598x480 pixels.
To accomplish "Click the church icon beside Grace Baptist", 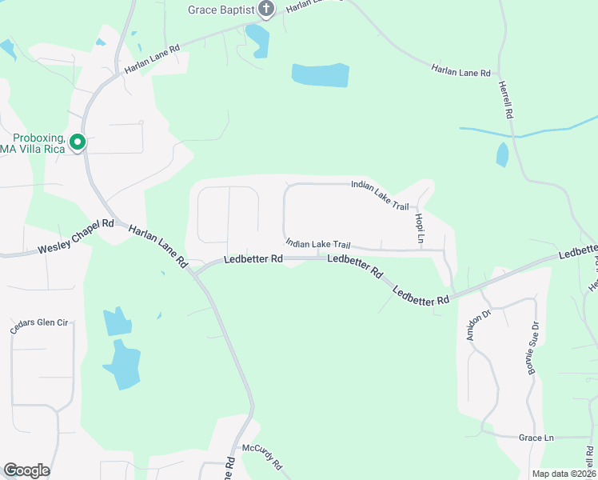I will tap(266, 10).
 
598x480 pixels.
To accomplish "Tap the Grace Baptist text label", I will tap(221, 10).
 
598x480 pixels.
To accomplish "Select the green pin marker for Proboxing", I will tap(78, 142).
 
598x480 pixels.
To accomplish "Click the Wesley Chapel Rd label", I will tap(76, 238).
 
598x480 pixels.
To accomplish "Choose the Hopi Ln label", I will tap(419, 228).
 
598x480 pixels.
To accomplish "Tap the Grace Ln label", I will tap(536, 438).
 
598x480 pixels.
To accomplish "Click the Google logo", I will tap(26, 470).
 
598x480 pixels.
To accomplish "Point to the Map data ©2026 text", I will tap(564, 473).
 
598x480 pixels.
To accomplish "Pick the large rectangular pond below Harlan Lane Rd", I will tap(321, 74).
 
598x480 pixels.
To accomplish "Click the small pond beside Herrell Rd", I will tap(502, 154).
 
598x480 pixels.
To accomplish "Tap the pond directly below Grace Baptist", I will tap(257, 39).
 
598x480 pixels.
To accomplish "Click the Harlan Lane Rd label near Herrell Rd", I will tap(460, 72).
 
